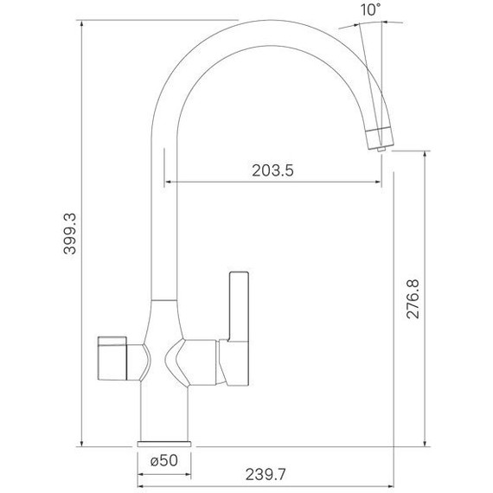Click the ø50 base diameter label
coord(163,461)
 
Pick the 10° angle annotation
coord(370,10)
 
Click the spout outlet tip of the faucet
coord(379,137)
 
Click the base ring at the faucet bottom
coord(163,436)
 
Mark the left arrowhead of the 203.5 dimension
coord(169,182)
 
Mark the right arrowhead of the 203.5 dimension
coord(377,182)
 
